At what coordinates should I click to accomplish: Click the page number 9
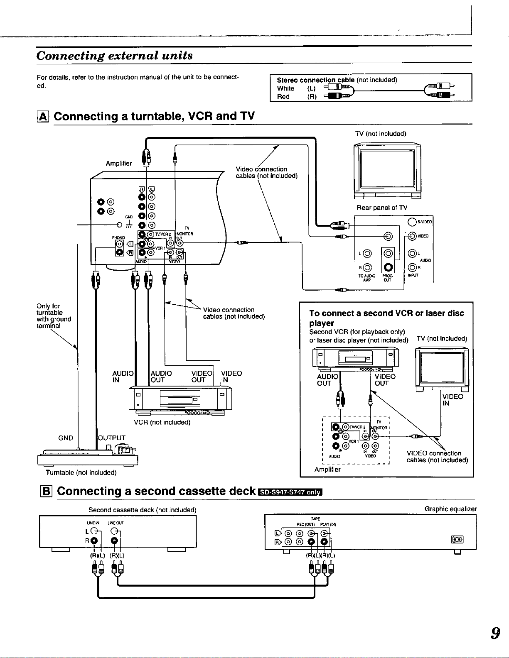494,634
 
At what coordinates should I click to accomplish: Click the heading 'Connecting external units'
115,56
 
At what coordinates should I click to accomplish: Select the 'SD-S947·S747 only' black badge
290,492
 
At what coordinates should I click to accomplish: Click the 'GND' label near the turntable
66,438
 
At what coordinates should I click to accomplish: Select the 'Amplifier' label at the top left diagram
119,164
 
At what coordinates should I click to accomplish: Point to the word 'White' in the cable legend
285,88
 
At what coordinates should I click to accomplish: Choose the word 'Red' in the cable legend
283,97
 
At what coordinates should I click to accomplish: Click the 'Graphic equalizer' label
450,509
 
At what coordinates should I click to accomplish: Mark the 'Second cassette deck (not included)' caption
142,510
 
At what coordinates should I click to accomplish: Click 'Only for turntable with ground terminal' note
54,316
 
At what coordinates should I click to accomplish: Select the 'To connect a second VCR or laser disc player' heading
386,318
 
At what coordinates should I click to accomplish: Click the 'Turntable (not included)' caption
81,472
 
